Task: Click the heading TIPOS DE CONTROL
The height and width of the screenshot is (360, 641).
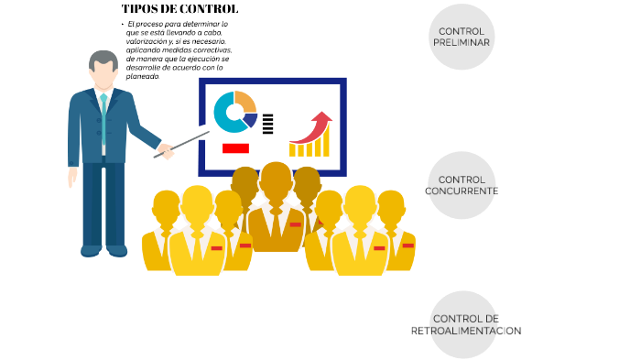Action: point(179,9)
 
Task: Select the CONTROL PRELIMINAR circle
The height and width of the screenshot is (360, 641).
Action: point(462,37)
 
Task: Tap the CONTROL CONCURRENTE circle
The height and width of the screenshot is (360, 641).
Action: point(462,185)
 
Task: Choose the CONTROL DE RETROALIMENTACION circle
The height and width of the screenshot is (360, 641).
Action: point(465,324)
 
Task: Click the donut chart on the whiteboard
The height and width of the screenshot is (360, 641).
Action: point(234,112)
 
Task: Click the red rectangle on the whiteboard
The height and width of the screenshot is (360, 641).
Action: point(235,147)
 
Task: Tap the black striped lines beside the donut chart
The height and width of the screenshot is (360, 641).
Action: point(267,124)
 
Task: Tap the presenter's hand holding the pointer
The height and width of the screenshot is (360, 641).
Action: point(165,149)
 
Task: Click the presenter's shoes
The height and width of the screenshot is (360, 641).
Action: point(103,249)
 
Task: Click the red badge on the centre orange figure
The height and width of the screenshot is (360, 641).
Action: point(295,224)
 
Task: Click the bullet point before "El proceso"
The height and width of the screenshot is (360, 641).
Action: point(122,23)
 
